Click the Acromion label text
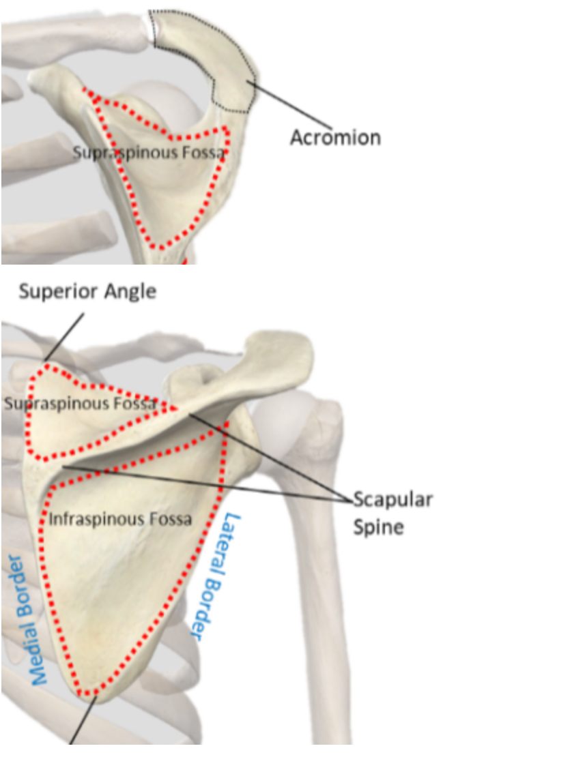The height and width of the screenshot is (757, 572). (x=335, y=137)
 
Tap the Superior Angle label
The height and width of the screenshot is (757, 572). (x=87, y=291)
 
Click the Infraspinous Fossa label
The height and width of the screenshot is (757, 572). (x=120, y=519)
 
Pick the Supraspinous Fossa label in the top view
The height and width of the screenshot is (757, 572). (x=149, y=153)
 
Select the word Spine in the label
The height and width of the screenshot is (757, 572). (x=380, y=526)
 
